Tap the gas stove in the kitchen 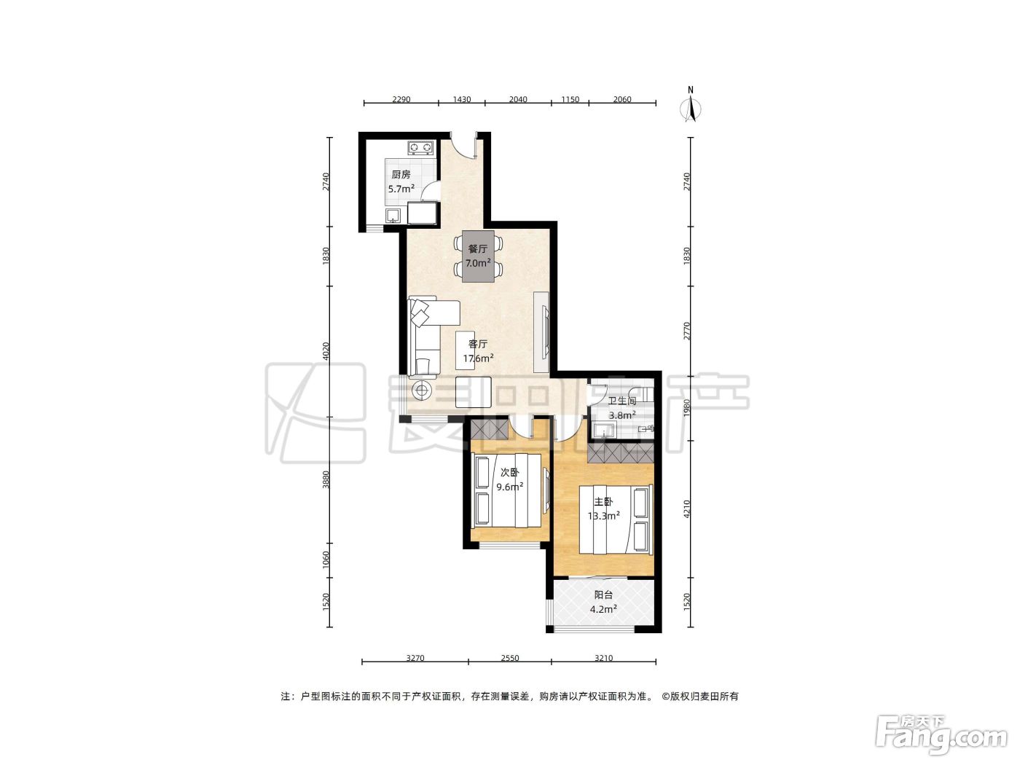(x=420, y=148)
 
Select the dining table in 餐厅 (x=478, y=256)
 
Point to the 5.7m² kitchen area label (x=401, y=189)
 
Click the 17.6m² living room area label (x=478, y=358)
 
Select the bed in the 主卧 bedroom (x=615, y=519)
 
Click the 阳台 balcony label (x=603, y=595)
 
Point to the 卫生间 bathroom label (x=621, y=401)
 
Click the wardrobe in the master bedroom (x=620, y=453)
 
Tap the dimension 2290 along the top (x=401, y=99)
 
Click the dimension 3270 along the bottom (x=415, y=658)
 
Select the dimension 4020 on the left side (x=326, y=350)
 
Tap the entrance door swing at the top (x=463, y=146)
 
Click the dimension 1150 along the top (x=570, y=99)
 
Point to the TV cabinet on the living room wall (x=541, y=331)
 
